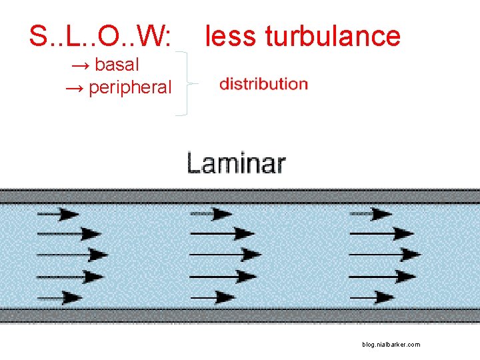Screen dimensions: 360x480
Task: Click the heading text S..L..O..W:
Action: [x=99, y=37]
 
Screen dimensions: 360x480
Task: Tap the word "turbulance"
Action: [x=333, y=36]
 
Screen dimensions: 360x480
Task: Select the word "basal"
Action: [x=117, y=65]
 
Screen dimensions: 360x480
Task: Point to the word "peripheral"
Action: [x=130, y=87]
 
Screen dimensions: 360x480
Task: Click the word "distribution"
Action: [x=263, y=84]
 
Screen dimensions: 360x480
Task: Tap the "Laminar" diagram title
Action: [x=236, y=163]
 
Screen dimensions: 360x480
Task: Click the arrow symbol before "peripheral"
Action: [x=74, y=87]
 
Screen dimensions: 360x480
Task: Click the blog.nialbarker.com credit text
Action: [x=391, y=345]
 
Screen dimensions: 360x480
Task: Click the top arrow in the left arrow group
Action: [x=58, y=214]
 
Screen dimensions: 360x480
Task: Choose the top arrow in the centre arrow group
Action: [x=211, y=214]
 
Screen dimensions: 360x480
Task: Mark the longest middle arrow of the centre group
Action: [x=225, y=254]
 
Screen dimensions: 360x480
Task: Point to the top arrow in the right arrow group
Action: [x=371, y=214]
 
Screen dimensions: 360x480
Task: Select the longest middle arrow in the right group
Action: [x=385, y=254]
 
